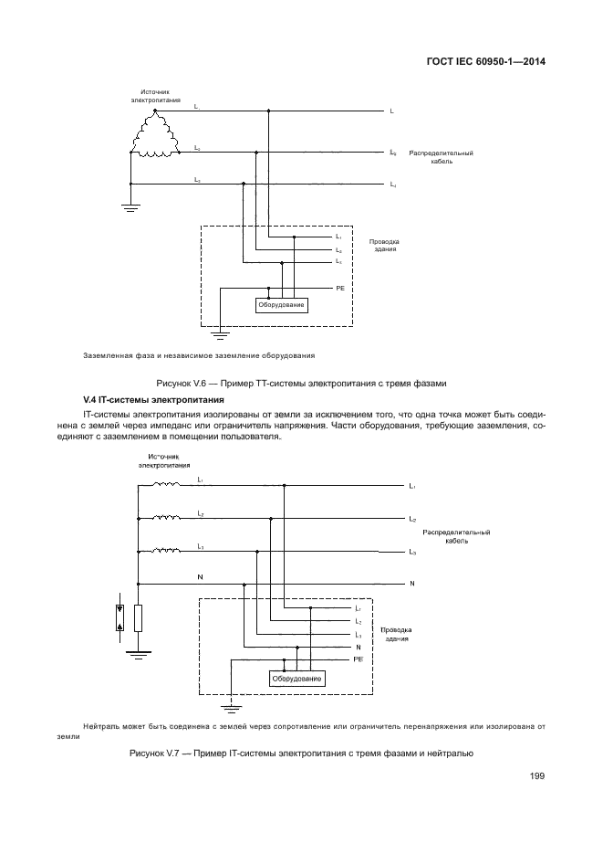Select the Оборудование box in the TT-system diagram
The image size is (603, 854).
pos(281,304)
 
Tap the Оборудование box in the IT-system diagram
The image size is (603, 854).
pos(298,679)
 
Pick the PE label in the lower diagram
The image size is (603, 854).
pos(359,659)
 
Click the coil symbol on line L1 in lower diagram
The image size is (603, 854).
pos(166,486)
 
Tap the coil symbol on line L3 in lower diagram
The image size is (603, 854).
pos(166,551)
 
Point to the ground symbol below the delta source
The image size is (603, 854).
pos(130,208)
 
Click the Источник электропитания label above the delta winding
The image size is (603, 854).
pos(155,96)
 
